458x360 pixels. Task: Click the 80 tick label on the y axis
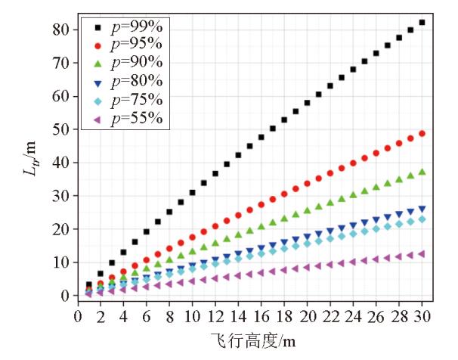(x=60, y=29)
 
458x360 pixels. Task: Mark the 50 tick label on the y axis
(x=60, y=129)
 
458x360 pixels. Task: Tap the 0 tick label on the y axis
(x=64, y=296)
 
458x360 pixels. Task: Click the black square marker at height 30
(x=422, y=22)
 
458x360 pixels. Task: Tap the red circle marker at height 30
(x=422, y=134)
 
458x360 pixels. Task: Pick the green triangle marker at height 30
(x=422, y=172)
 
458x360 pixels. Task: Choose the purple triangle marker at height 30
(x=422, y=254)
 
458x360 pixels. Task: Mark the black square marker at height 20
(x=307, y=103)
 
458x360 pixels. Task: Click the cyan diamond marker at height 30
(x=422, y=219)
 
